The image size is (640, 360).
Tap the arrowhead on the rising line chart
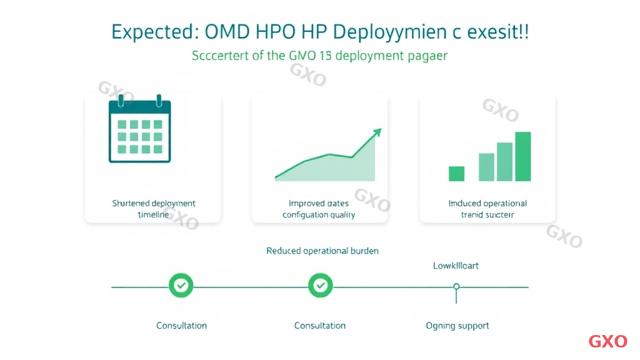377,132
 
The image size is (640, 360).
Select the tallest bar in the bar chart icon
523,156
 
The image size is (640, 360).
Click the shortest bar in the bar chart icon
457,173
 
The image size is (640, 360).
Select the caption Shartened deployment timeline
154,209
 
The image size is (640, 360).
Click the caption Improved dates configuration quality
319,209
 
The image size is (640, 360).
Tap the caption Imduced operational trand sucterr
487,209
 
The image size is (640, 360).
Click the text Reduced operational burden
322,251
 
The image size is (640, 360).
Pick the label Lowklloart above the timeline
456,266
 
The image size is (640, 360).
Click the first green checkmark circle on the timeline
181,286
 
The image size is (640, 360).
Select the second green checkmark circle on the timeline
321,286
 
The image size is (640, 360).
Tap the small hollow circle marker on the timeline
456,286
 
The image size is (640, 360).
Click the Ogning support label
457,326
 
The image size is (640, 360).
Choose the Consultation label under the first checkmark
181,326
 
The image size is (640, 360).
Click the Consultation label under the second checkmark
320,326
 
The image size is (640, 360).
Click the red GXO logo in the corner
607,341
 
